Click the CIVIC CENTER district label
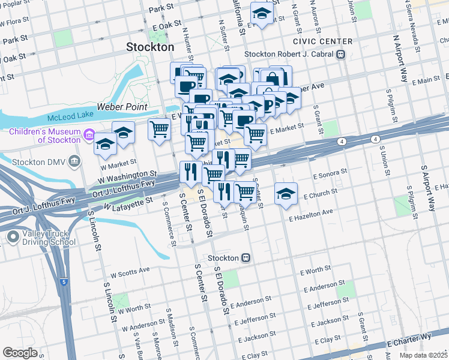point(322,41)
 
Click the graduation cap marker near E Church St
point(286,193)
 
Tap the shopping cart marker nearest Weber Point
point(159,128)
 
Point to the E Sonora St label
point(330,174)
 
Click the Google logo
point(20,353)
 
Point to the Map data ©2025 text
point(423,355)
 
